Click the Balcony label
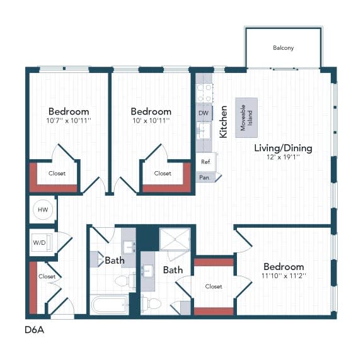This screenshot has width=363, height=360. [283, 48]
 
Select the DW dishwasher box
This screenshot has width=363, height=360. [203, 113]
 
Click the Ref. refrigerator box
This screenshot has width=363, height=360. [205, 162]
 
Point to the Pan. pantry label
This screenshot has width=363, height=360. [205, 177]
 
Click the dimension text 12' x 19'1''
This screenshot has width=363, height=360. [283, 157]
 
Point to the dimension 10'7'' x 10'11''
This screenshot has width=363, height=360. [69, 120]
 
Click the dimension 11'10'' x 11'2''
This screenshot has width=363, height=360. [284, 276]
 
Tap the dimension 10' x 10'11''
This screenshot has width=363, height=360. [151, 120]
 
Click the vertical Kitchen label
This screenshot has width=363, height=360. [223, 121]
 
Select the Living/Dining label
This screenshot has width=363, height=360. [283, 148]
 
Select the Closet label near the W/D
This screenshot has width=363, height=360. [47, 276]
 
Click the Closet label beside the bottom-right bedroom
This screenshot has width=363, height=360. [214, 286]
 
